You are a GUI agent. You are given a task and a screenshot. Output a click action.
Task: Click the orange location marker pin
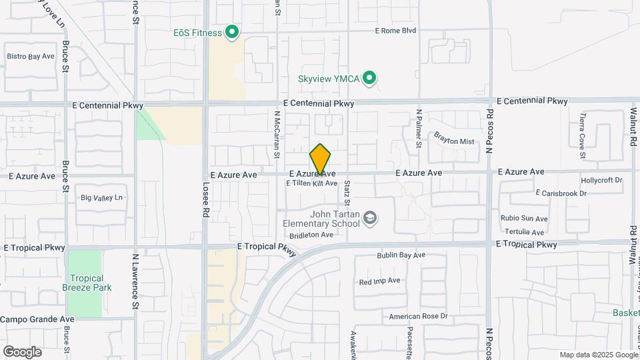pyautogui.click(x=321, y=159)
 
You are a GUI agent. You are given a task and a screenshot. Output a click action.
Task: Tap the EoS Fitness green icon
pyautogui.click(x=232, y=31)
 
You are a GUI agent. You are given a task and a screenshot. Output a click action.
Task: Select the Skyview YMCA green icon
pyautogui.click(x=370, y=79)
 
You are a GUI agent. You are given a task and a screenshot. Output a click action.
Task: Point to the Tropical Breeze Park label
pyautogui.click(x=87, y=283)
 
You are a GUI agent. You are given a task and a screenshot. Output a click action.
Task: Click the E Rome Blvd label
pyautogui.click(x=395, y=31)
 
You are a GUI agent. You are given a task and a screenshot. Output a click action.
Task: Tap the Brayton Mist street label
pyautogui.click(x=453, y=141)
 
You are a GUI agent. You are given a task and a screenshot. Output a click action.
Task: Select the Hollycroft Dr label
pyautogui.click(x=601, y=180)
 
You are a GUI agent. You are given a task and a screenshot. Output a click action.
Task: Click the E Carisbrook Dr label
pyautogui.click(x=561, y=193)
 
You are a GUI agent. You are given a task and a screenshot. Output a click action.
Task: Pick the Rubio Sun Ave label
pyautogui.click(x=523, y=219)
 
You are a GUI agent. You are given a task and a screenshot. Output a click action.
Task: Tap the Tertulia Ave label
pyautogui.click(x=524, y=232)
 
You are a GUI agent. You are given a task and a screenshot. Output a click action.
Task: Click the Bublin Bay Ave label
pyautogui.click(x=401, y=255)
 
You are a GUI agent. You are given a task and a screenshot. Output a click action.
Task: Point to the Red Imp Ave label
pyautogui.click(x=379, y=281)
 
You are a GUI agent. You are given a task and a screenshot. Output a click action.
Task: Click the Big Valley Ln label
pyautogui.click(x=102, y=197)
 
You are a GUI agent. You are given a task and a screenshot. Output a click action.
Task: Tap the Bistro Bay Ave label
pyautogui.click(x=31, y=56)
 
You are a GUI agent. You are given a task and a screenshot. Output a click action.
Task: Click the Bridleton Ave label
pyautogui.click(x=311, y=235)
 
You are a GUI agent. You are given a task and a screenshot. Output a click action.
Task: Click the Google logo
pyautogui.click(x=22, y=351)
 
